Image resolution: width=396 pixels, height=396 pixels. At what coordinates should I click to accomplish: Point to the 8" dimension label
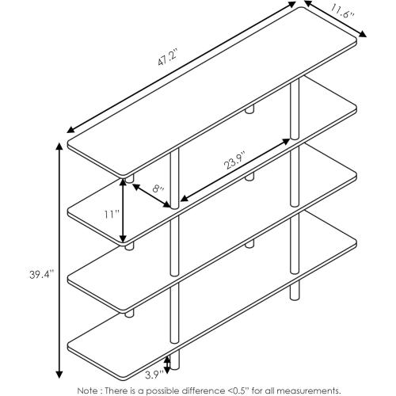(x=158, y=188)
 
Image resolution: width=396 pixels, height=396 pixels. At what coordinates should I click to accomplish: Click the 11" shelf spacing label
(x=110, y=214)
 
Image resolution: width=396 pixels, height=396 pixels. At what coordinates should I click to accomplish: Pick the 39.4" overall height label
(x=38, y=274)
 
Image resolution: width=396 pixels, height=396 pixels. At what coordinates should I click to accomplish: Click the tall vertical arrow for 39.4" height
(x=58, y=261)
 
